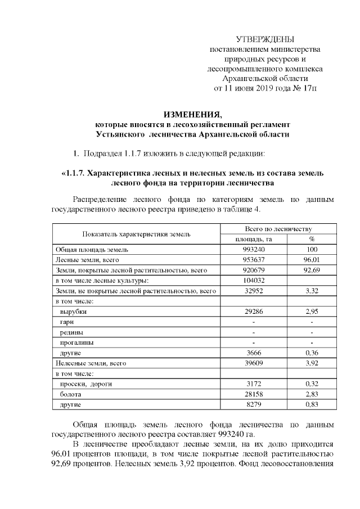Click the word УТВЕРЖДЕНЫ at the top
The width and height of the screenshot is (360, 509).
(265, 39)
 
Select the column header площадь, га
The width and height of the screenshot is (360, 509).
(253, 239)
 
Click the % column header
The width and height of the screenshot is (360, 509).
(312, 239)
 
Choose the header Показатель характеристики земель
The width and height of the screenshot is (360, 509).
(136, 234)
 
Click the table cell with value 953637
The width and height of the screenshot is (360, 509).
(253, 260)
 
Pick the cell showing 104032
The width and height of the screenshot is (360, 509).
(253, 280)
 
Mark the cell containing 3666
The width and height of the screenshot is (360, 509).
(253, 353)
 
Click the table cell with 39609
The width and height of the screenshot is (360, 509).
(253, 363)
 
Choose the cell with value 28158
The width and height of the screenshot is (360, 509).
(253, 394)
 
